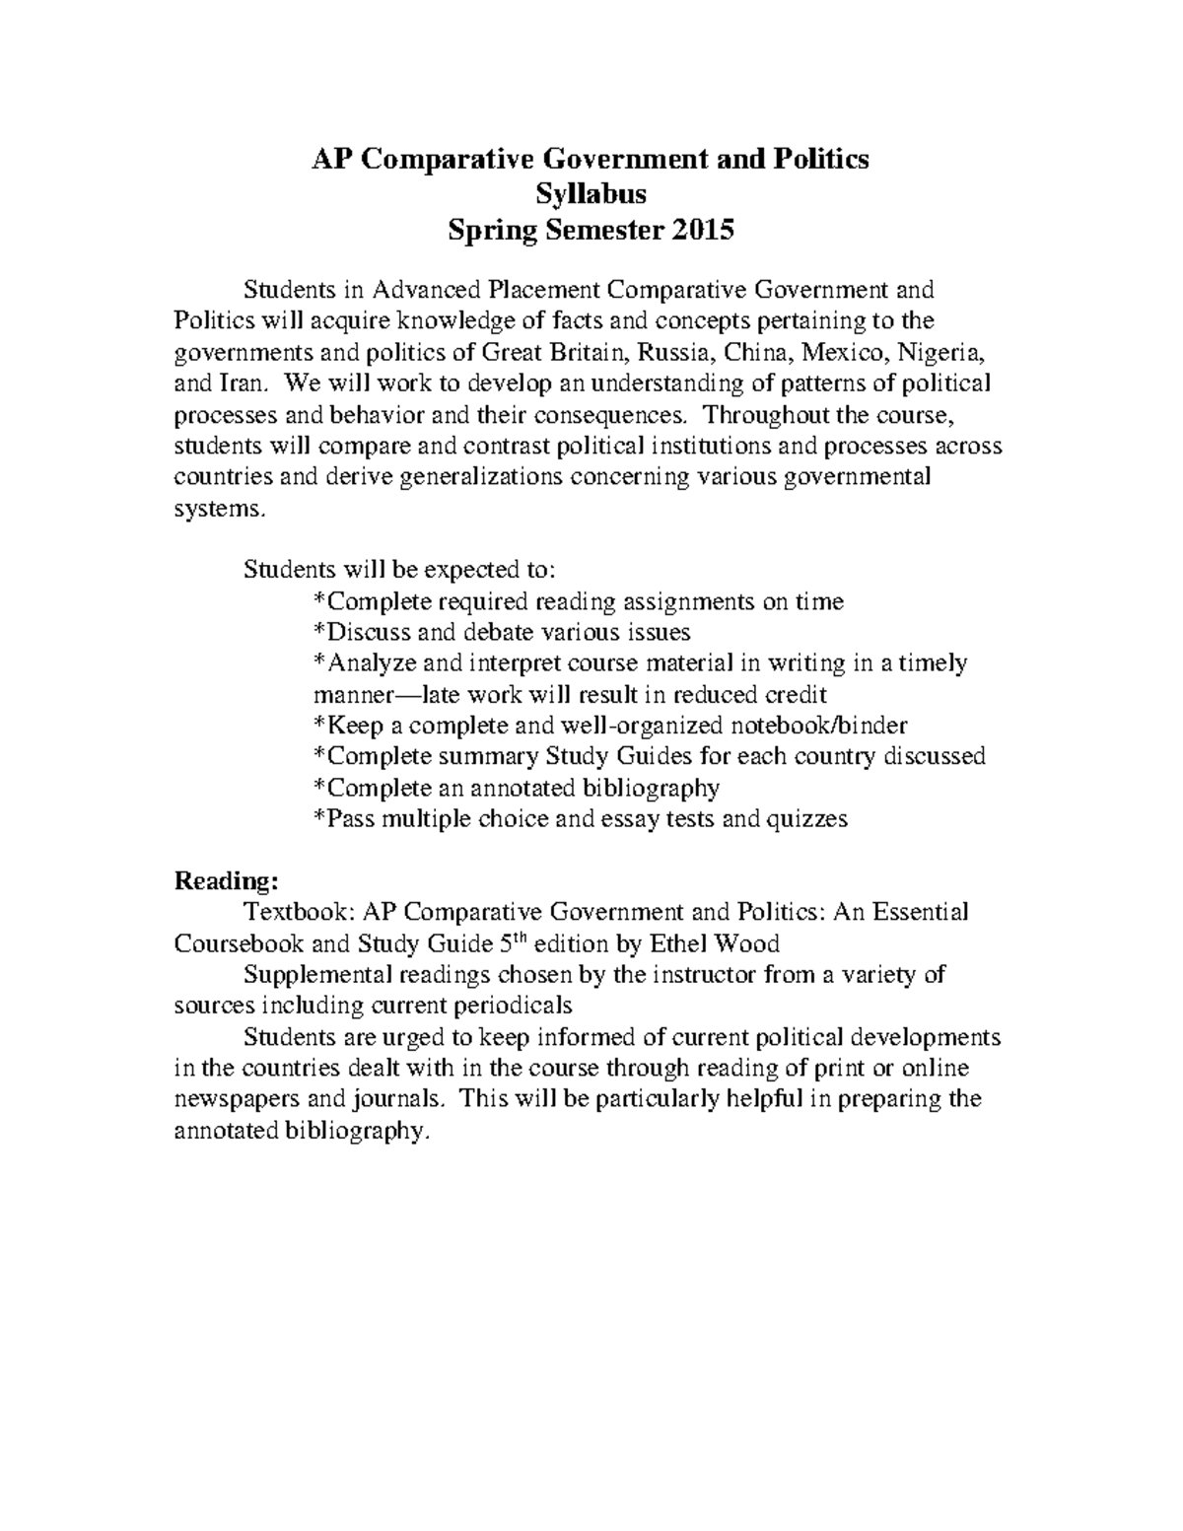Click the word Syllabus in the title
(x=591, y=194)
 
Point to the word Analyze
(x=371, y=663)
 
